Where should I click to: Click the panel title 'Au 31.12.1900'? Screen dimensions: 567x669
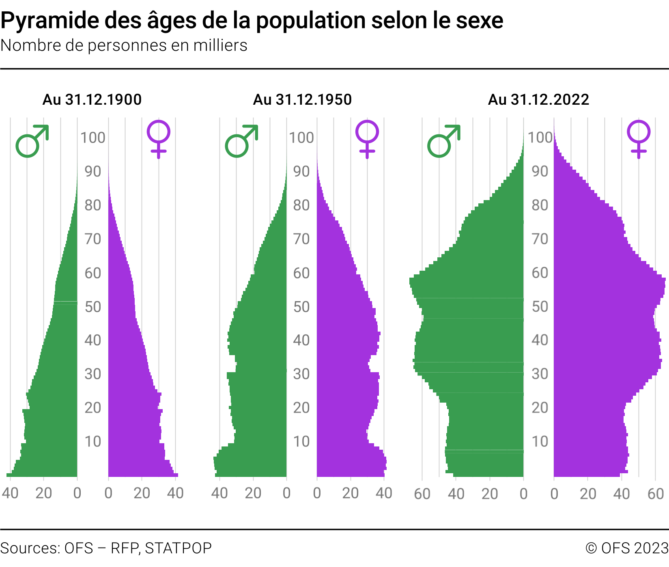(x=92, y=99)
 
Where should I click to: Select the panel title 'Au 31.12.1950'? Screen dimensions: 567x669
(x=302, y=99)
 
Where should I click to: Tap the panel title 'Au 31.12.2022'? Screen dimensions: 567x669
(x=538, y=99)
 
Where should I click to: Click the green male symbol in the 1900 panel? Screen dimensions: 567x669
(x=32, y=141)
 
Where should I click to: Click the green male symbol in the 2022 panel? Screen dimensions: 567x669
(x=443, y=141)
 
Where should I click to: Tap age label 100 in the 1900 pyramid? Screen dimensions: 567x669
(x=92, y=138)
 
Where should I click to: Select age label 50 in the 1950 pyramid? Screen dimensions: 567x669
(x=301, y=306)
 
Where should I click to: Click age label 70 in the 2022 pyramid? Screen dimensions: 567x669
(x=540, y=239)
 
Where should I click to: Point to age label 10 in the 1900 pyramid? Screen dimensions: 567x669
(x=92, y=441)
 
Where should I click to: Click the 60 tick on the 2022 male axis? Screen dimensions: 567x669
(x=422, y=494)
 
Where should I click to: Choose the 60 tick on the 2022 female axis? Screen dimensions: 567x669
(x=656, y=494)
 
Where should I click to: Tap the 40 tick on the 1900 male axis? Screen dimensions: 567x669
(x=10, y=493)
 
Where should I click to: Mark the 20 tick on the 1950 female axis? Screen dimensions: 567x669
(x=350, y=493)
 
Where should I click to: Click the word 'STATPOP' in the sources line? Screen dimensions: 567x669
(x=178, y=548)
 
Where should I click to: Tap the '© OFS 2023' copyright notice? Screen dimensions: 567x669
(x=627, y=548)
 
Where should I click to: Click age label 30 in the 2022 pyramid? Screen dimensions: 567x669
(x=540, y=374)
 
